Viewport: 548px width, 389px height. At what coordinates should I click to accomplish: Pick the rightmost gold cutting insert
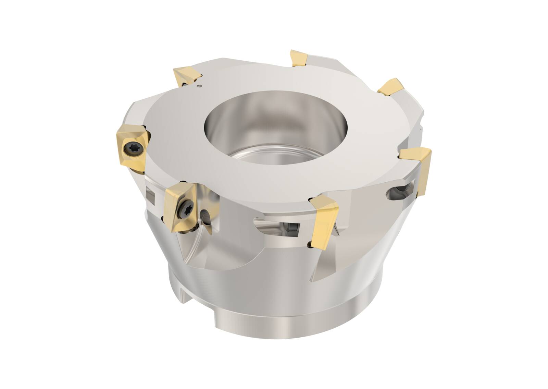point(417,168)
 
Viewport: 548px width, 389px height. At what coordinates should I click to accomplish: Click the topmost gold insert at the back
point(299,58)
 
